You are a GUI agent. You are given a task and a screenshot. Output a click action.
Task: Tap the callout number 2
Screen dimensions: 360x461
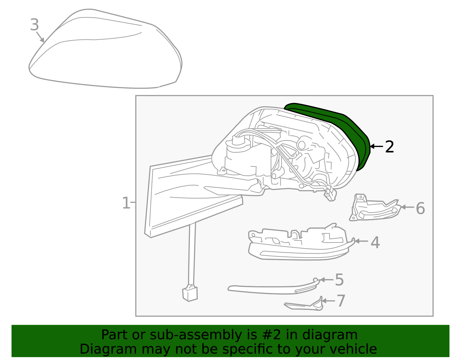click(x=389, y=147)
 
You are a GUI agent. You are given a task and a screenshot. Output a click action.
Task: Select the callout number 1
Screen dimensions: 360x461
click(x=126, y=203)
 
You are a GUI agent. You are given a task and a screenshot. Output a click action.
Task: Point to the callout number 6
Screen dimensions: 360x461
click(x=420, y=208)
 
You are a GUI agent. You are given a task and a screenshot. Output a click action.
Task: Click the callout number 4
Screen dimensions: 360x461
click(x=375, y=242)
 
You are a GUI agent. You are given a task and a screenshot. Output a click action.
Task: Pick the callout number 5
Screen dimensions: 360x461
click(x=339, y=280)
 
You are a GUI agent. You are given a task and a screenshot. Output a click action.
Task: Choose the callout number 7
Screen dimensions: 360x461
click(x=341, y=301)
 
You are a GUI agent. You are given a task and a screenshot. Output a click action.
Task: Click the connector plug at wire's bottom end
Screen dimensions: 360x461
click(x=190, y=293)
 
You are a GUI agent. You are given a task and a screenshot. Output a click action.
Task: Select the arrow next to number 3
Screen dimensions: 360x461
click(x=40, y=37)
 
